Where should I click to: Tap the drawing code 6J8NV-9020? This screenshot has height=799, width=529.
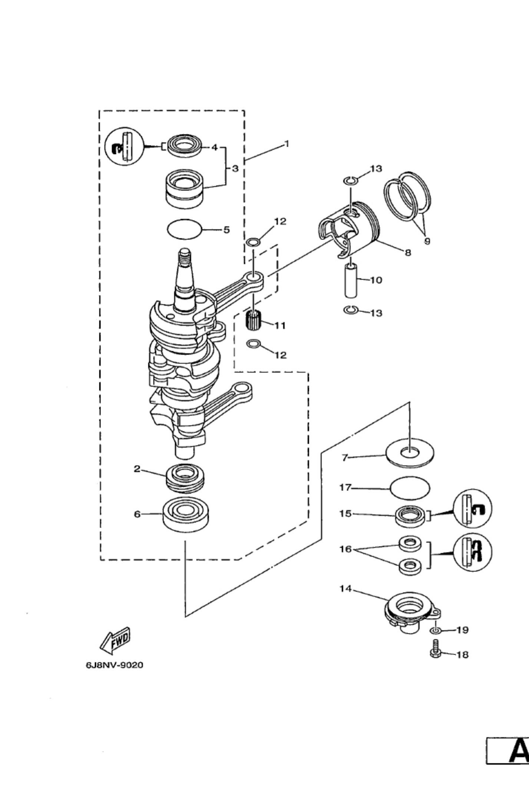115,665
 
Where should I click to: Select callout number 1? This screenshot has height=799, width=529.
286,144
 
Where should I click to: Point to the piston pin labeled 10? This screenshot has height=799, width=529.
351,280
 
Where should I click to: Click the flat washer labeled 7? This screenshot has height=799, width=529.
410,452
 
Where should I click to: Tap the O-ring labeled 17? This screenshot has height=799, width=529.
410,488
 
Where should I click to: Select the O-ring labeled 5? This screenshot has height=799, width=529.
184,229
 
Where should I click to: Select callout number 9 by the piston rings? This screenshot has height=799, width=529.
427,241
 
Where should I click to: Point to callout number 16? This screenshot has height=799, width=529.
345,549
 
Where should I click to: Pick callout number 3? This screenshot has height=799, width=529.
235,168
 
